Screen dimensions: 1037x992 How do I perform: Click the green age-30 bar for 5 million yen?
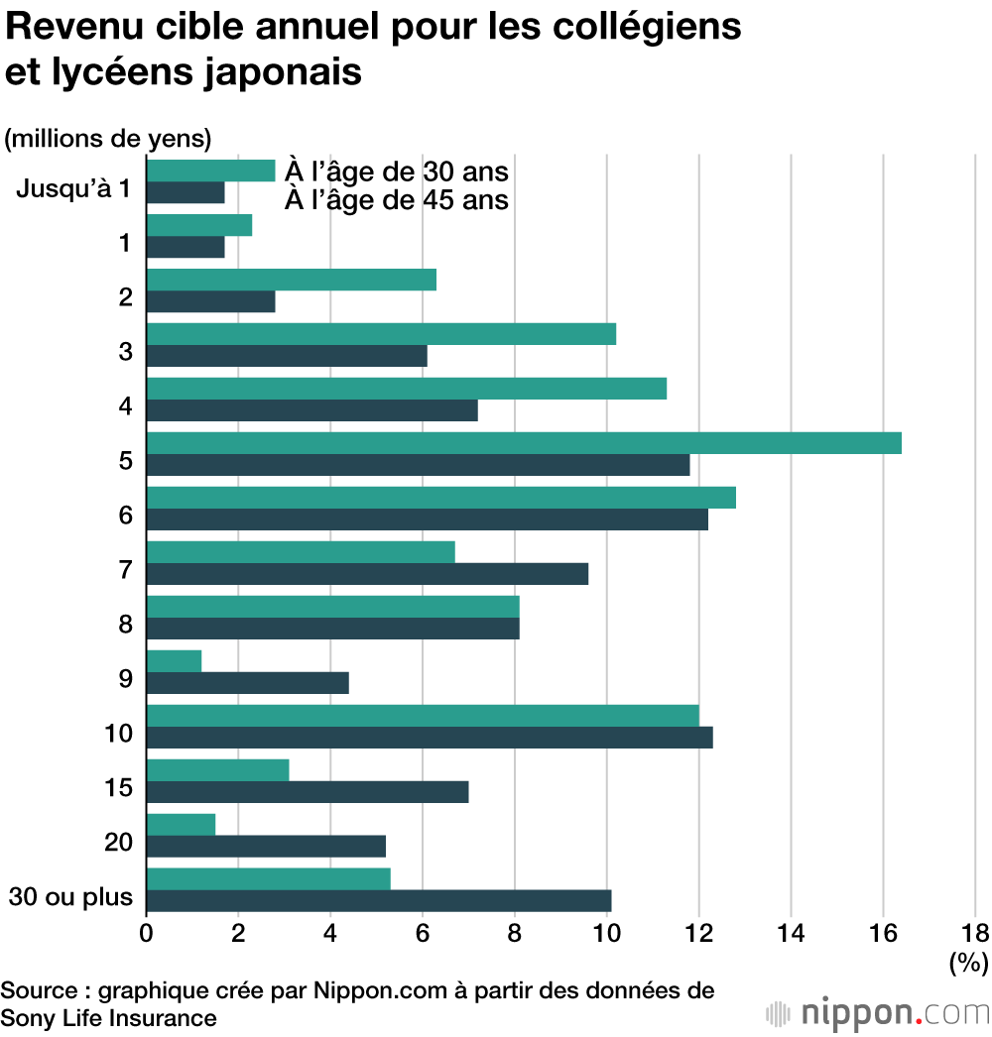pyautogui.click(x=524, y=443)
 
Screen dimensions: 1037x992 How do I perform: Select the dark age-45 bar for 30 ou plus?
pyautogui.click(x=379, y=900)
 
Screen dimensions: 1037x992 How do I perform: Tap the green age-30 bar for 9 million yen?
pyautogui.click(x=174, y=660)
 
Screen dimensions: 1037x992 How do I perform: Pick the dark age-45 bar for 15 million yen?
pyautogui.click(x=308, y=791)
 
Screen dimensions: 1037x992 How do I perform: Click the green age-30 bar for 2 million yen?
pyautogui.click(x=292, y=280)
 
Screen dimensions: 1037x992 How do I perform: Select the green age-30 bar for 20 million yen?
pyautogui.click(x=181, y=824)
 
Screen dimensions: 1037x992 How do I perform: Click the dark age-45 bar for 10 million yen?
pyautogui.click(x=430, y=738)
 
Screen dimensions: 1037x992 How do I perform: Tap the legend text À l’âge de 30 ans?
pyautogui.click(x=397, y=172)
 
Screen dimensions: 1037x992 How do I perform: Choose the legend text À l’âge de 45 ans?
pyautogui.click(x=397, y=200)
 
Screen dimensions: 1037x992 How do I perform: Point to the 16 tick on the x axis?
pyautogui.click(x=883, y=933)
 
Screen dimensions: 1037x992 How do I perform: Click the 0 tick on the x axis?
pyautogui.click(x=147, y=933)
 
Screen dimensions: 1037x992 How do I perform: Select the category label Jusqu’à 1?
pyautogui.click(x=73, y=187)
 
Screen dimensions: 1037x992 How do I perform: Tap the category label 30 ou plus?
pyautogui.click(x=70, y=897)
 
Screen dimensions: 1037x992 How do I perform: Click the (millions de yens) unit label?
pyautogui.click(x=108, y=139)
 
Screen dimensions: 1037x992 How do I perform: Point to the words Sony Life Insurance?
pyautogui.click(x=108, y=1018)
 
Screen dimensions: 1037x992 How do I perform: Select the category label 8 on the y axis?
pyautogui.click(x=125, y=625)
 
